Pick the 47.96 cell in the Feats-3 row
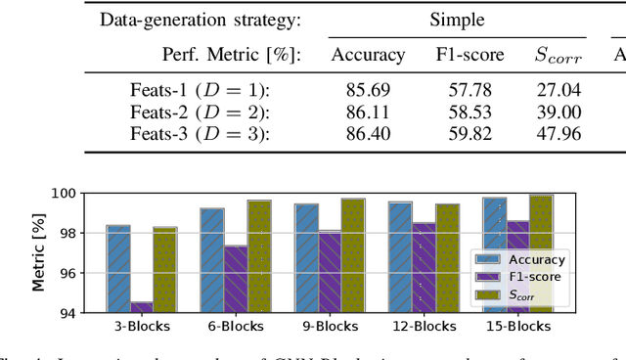559,134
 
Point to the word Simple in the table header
458,19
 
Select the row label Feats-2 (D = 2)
200,112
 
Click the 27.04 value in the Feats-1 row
559,91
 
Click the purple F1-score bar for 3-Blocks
143,307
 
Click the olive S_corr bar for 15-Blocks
541,253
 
